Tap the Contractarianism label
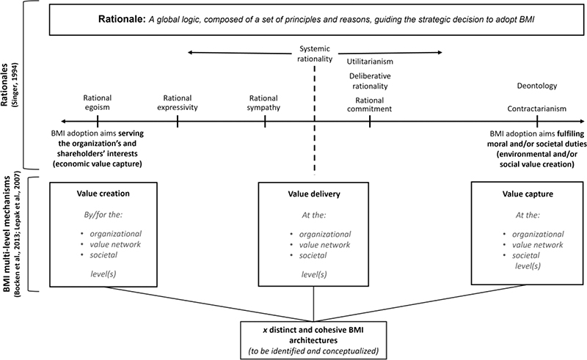point(538,109)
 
